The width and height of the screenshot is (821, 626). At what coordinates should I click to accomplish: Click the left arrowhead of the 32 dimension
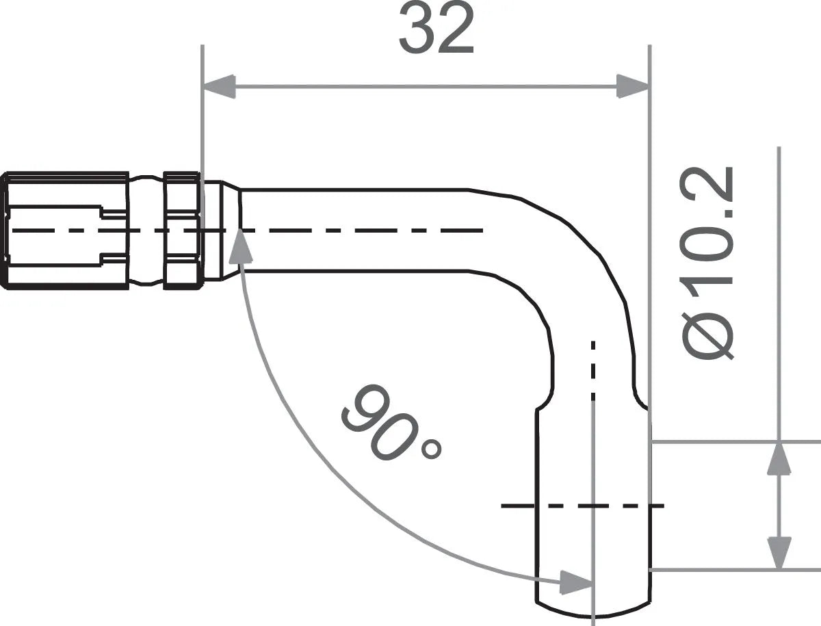219,86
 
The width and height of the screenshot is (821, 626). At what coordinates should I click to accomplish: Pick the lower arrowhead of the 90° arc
575,583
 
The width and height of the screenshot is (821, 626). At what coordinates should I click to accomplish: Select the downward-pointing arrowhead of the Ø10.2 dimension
779,552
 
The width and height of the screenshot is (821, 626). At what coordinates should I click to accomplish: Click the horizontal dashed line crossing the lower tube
582,506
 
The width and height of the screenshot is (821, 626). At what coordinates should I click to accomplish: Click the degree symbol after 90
432,449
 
